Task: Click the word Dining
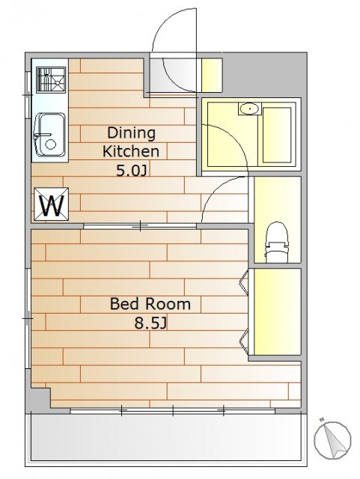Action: tap(132, 133)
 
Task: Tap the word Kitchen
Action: tap(131, 151)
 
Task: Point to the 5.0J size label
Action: tap(132, 171)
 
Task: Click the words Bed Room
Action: tap(150, 304)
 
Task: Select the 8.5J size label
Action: tap(150, 323)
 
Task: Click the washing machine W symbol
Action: tap(52, 204)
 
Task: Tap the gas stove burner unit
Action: tap(51, 80)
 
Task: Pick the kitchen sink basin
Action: tap(50, 135)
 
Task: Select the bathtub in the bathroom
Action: tap(277, 135)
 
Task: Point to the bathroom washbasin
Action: tap(250, 109)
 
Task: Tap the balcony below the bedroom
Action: tap(165, 437)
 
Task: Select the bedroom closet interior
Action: tap(278, 312)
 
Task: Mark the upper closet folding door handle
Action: tap(243, 283)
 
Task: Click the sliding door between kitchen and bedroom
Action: tap(140, 226)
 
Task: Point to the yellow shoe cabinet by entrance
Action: tap(212, 75)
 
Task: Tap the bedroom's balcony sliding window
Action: tap(173, 411)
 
